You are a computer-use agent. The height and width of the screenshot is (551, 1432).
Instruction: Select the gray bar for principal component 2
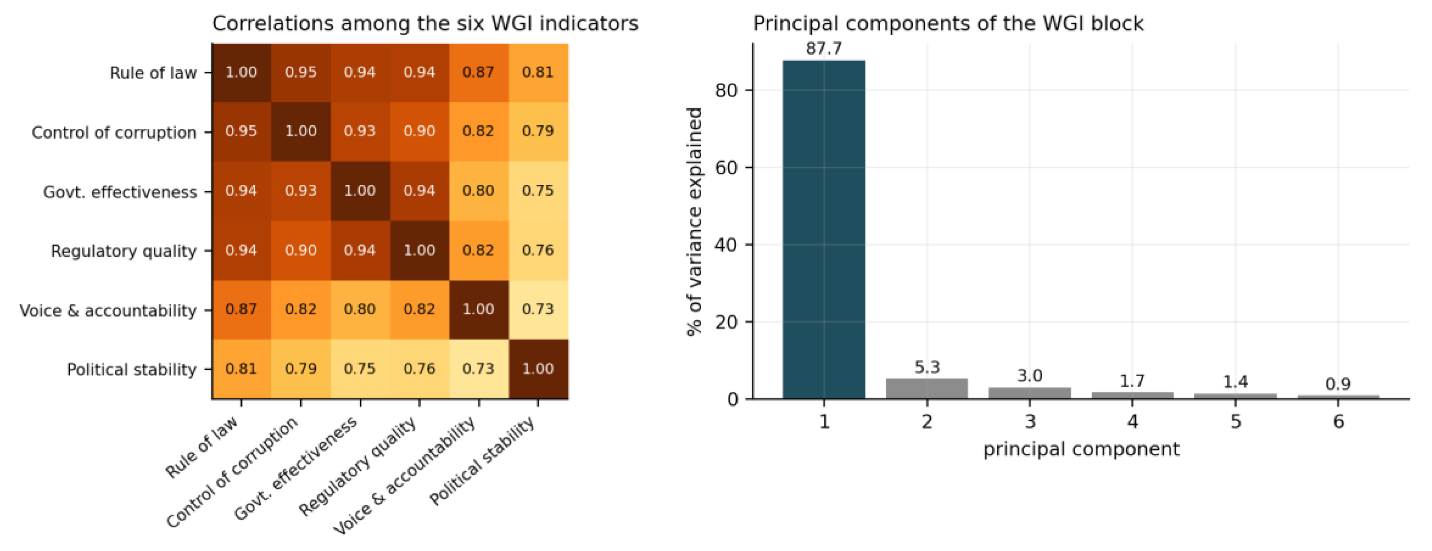coord(927,388)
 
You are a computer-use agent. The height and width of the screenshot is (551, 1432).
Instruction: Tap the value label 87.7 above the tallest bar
coord(824,49)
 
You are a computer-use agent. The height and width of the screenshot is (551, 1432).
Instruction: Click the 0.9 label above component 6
coord(1338,384)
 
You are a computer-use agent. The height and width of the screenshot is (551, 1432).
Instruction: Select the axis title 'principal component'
coord(1081,449)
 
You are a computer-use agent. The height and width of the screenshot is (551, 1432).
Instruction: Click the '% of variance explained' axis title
coord(695,222)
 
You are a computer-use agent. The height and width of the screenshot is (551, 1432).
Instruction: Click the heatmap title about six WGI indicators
coord(425,24)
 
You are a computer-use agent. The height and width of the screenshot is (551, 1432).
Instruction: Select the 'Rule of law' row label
coord(153,73)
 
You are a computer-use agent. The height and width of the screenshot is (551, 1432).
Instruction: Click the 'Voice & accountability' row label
coord(108,311)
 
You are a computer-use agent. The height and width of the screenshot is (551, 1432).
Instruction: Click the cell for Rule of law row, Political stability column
coord(538,73)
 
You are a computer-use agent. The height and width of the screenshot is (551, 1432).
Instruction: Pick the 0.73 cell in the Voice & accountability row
coord(538,310)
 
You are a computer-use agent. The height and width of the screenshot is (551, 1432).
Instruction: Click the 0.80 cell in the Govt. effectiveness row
coord(479,191)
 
